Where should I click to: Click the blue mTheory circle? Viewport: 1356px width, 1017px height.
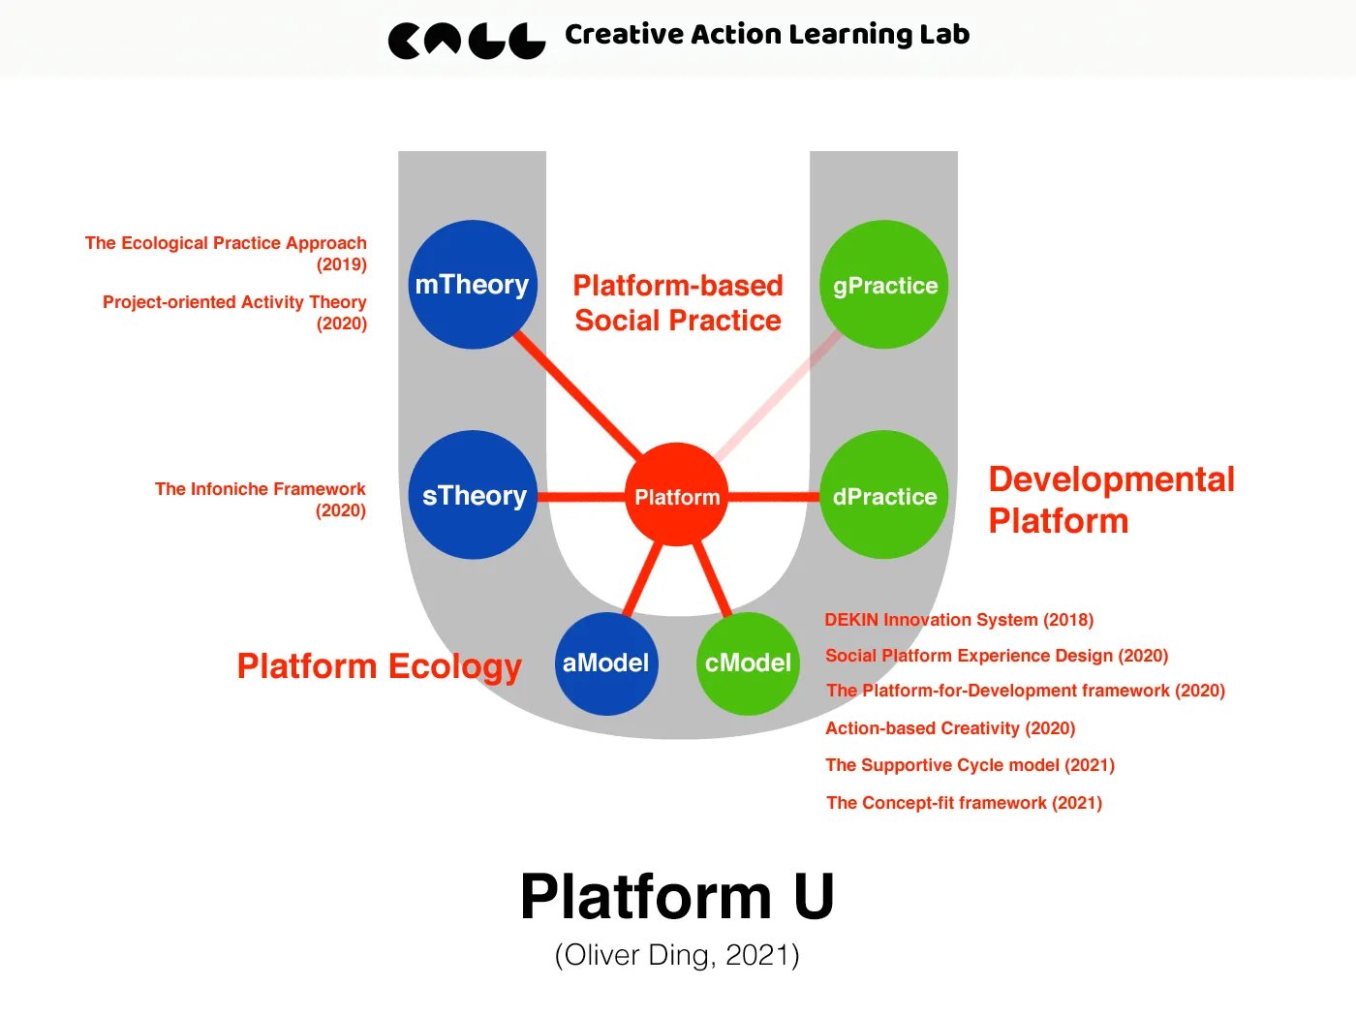(x=473, y=285)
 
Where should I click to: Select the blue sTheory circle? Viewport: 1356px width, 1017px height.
(x=473, y=495)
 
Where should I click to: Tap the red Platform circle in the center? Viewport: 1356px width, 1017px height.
(x=676, y=496)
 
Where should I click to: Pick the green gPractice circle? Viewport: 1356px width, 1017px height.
(x=884, y=285)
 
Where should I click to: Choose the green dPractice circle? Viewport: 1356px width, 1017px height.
(x=884, y=495)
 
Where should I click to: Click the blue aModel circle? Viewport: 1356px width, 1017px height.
(x=606, y=663)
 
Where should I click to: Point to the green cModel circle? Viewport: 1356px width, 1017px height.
(x=748, y=663)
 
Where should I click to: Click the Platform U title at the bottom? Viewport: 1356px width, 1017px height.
(x=677, y=896)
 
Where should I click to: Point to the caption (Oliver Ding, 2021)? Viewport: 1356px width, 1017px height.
(x=677, y=955)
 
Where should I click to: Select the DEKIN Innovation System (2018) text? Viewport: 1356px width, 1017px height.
(x=959, y=620)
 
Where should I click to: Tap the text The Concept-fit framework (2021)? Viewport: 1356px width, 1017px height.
(x=964, y=803)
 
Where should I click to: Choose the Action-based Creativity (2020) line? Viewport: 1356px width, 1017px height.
(x=950, y=728)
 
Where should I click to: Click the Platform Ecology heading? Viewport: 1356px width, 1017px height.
(x=379, y=666)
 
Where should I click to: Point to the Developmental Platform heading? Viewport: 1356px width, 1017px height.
(x=1111, y=500)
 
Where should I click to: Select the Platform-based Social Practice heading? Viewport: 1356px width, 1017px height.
(x=678, y=302)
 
